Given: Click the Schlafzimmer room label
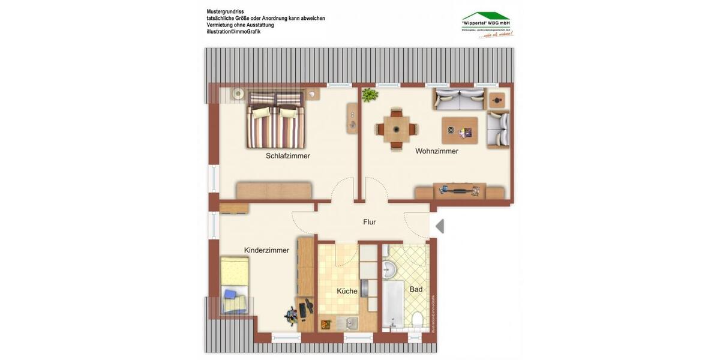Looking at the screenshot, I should tap(288, 156).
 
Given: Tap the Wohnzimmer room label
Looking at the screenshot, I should tap(437, 151).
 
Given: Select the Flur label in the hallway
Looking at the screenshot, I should tap(370, 222).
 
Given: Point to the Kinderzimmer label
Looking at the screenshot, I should tap(266, 250).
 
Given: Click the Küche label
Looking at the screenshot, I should tap(347, 291).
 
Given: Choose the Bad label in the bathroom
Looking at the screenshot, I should tap(416, 289).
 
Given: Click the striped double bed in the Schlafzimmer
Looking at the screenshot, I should tap(275, 120).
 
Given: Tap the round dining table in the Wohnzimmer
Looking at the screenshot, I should tap(396, 128).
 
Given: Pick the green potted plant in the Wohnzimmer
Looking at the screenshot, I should tap(369, 94).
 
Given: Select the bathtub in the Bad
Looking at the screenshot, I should tap(394, 306).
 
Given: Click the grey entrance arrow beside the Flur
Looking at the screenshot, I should tap(440, 226).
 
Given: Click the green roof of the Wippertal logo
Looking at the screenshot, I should tap(485, 16).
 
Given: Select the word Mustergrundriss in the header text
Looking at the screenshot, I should tap(225, 11).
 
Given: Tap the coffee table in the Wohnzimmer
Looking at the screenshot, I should tap(460, 130).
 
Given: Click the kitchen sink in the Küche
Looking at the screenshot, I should tap(350, 323).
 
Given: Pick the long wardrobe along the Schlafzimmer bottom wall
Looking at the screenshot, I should tap(274, 190).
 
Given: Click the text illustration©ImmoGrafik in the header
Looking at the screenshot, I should tap(233, 32).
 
